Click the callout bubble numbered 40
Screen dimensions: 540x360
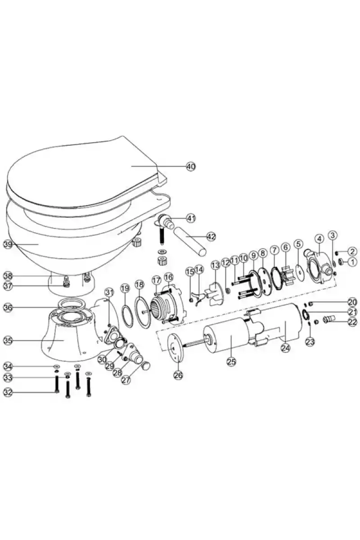(191, 166)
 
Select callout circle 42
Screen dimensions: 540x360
(211, 236)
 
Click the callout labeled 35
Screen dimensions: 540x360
(7, 341)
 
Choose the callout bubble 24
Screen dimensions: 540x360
(285, 347)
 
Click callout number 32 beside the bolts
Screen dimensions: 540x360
(7, 392)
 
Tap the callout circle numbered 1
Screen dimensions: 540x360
(352, 261)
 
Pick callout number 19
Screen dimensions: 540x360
(125, 287)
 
